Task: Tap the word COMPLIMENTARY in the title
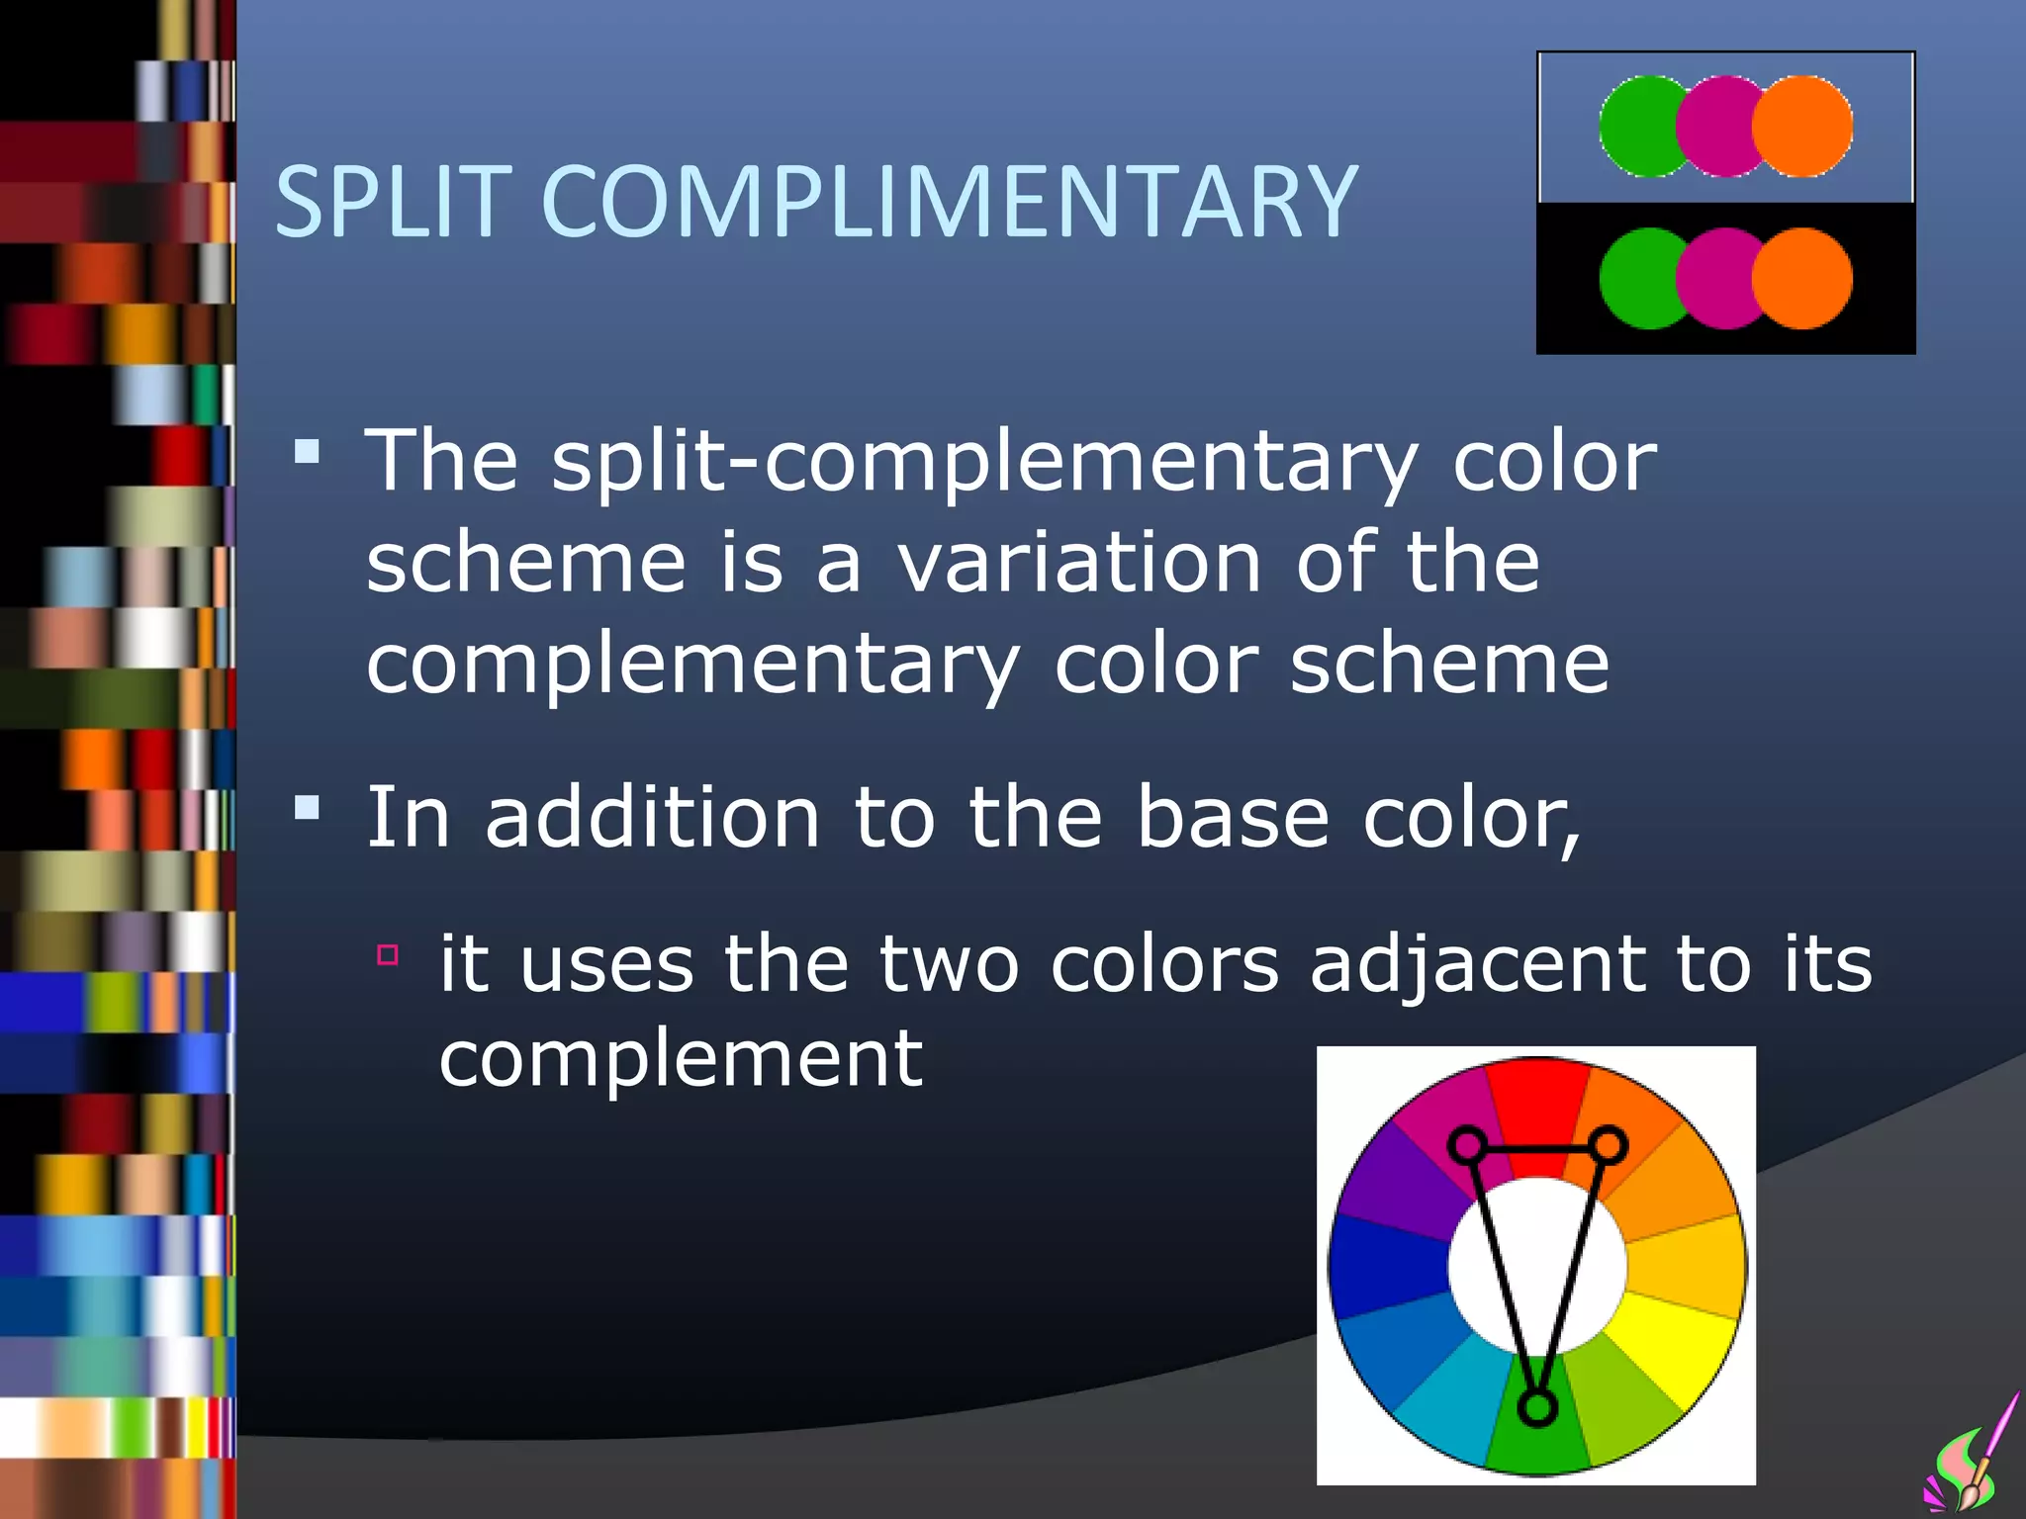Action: point(950,202)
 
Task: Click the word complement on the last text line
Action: point(681,1058)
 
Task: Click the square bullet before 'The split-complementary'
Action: point(308,453)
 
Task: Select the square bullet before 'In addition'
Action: point(308,809)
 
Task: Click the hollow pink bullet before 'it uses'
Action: point(388,954)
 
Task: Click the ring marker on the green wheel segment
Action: point(1536,1406)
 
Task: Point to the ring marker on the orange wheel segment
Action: point(1610,1145)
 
